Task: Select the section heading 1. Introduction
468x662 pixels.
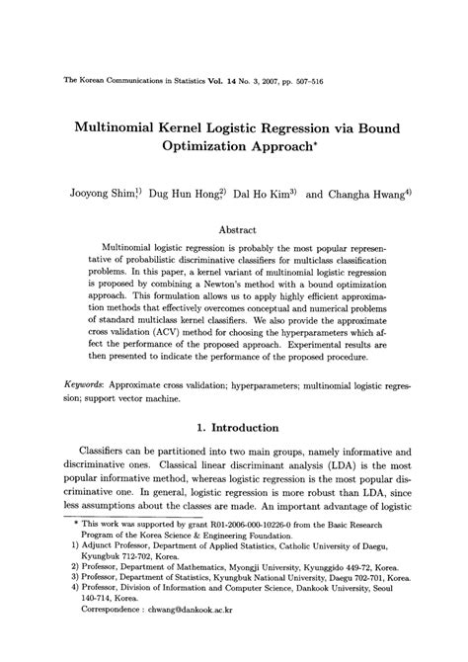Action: coord(237,400)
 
